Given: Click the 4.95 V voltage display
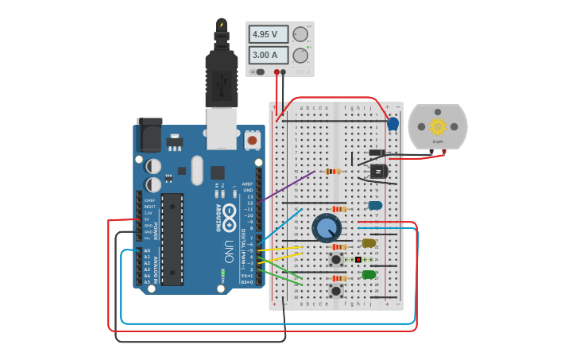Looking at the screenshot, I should point(269,34).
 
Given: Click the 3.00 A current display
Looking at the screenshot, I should point(269,55).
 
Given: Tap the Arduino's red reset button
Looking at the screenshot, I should point(253,141).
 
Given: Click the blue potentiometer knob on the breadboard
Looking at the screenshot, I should point(327,228).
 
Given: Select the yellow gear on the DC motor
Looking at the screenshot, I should point(437,126).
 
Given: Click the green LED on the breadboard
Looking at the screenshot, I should point(369,275).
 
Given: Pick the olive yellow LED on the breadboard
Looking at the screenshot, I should point(369,243).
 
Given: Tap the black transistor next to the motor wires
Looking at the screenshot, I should point(379,171).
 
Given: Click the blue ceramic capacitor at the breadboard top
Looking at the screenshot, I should point(392,123).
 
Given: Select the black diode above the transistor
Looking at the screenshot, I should point(377,153).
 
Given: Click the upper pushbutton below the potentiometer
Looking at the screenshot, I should point(336,259).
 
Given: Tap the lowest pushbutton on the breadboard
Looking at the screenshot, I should point(336,291).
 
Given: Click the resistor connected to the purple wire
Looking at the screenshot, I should point(333,171).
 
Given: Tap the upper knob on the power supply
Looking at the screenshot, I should point(300,34).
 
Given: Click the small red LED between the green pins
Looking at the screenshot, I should point(358,260).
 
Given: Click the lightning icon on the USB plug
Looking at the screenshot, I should point(222,25).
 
